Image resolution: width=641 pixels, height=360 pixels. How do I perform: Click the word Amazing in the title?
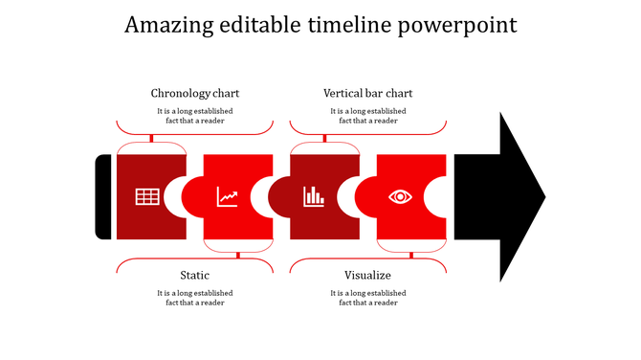[169, 25]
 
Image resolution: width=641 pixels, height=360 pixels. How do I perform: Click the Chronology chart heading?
[195, 93]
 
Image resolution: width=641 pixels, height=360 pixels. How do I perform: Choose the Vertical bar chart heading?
[368, 93]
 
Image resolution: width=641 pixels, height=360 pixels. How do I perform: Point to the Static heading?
[195, 276]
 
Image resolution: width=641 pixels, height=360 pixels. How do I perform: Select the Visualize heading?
[368, 276]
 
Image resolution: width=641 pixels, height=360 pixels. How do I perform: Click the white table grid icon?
[147, 197]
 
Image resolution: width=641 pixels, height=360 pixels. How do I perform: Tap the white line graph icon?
[228, 197]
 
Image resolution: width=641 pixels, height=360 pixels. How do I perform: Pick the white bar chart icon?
[314, 197]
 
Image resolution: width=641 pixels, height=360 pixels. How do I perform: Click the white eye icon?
[400, 197]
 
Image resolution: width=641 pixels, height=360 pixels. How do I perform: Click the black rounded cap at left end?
[103, 197]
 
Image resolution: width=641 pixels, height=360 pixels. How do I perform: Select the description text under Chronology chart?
[195, 116]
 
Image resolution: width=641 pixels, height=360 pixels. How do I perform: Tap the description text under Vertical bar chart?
[368, 116]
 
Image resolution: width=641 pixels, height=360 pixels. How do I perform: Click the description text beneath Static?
[195, 298]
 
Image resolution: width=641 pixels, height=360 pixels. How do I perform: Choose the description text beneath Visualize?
[368, 298]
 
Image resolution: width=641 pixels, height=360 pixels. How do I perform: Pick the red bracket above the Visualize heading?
[368, 259]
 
